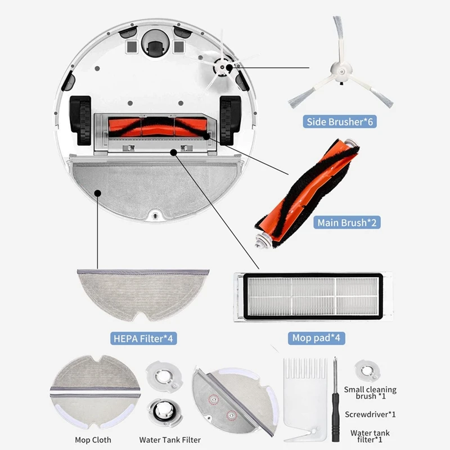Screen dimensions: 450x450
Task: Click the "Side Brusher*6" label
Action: pos(340,121)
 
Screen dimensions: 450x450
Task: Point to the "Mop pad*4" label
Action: pos(318,338)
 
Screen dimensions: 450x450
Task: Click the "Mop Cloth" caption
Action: pos(93,440)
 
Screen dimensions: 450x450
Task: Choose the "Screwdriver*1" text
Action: pos(370,415)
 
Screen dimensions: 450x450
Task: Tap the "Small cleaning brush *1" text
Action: pos(370,393)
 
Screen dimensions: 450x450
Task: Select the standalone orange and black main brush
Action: pos(307,194)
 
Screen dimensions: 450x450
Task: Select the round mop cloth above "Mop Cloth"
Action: pos(93,393)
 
